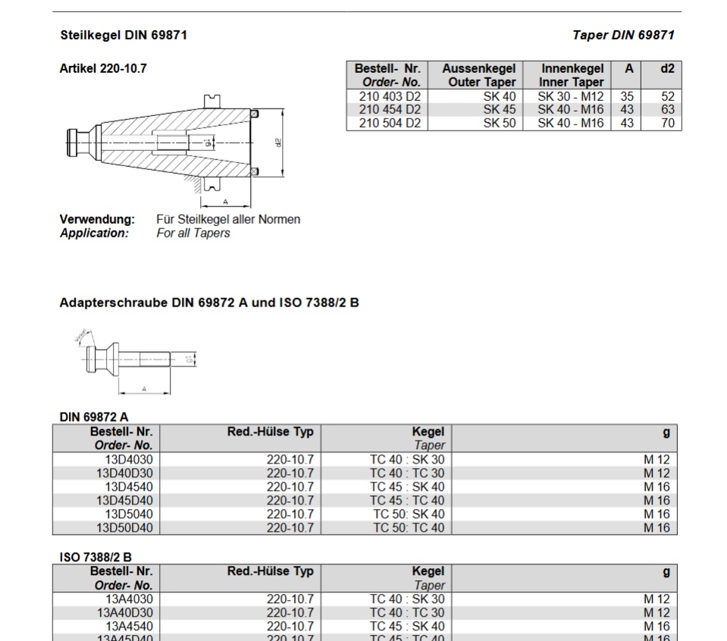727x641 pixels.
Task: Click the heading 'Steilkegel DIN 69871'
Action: (123, 35)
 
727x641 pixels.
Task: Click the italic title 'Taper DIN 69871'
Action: (623, 35)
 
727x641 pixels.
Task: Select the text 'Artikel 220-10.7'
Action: (103, 68)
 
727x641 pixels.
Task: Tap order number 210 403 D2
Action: (390, 96)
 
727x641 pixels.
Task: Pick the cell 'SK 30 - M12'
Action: (571, 96)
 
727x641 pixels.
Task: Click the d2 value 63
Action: (667, 109)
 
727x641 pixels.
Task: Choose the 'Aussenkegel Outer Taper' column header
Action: (478, 75)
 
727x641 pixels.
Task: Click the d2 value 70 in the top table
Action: (667, 123)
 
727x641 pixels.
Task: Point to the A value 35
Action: (627, 96)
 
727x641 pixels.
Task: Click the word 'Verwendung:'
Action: (97, 219)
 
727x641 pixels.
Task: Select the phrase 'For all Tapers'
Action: (193, 233)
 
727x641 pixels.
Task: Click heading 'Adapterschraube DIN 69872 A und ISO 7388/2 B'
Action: (209, 303)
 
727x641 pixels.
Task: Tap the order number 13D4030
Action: (129, 460)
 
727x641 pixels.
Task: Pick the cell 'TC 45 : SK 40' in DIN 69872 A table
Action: (407, 487)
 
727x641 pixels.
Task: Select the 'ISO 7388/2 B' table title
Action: (96, 557)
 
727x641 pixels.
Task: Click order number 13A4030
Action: (129, 599)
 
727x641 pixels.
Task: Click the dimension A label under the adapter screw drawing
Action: (145, 390)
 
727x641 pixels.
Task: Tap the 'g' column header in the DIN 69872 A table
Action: (666, 432)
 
